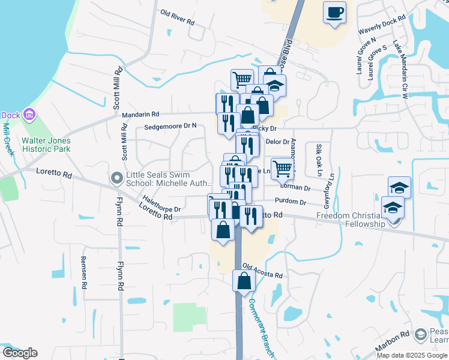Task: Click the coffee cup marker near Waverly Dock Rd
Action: click(335, 12)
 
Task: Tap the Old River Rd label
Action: click(178, 17)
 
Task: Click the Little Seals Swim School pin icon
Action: click(117, 177)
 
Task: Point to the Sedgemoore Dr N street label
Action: click(170, 127)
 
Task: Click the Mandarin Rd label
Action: click(140, 114)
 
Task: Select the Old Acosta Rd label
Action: click(262, 271)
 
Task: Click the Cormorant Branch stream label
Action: click(261, 327)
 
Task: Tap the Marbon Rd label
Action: click(393, 340)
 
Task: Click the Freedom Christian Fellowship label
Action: click(349, 220)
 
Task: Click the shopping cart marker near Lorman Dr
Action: click(282, 168)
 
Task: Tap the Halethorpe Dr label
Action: click(161, 204)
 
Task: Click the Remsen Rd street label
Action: click(83, 273)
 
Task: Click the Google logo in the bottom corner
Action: click(20, 353)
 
